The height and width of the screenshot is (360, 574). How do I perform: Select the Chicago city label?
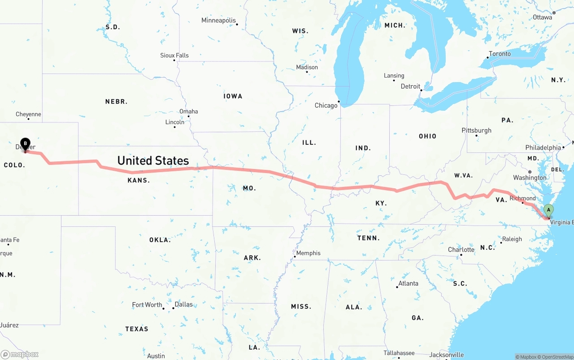pyautogui.click(x=326, y=105)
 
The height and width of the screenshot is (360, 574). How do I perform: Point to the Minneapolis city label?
pyautogui.click(x=218, y=20)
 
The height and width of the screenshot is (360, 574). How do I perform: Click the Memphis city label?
pyautogui.click(x=308, y=253)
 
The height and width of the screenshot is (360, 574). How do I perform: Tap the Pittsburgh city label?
pyautogui.click(x=476, y=130)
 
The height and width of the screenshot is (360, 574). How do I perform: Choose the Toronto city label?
pyautogui.click(x=500, y=54)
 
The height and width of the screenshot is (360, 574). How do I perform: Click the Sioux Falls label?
pyautogui.click(x=174, y=56)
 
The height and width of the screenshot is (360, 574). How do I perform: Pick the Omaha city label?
pyautogui.click(x=188, y=111)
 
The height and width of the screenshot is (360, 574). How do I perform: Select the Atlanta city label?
pyautogui.click(x=408, y=283)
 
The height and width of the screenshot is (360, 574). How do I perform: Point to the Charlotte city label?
pyautogui.click(x=461, y=250)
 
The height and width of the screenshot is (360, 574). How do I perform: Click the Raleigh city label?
pyautogui.click(x=512, y=239)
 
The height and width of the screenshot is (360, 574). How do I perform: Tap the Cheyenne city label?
pyautogui.click(x=28, y=114)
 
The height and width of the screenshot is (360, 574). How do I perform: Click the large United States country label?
pyautogui.click(x=153, y=160)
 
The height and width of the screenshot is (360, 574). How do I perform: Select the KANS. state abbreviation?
pyautogui.click(x=139, y=180)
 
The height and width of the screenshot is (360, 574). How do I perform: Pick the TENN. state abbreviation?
pyautogui.click(x=369, y=238)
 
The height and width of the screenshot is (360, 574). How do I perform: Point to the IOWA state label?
pyautogui.click(x=233, y=96)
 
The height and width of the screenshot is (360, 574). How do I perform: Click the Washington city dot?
pyautogui.click(x=530, y=172)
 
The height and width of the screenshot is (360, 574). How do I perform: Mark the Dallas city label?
pyautogui.click(x=183, y=304)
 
